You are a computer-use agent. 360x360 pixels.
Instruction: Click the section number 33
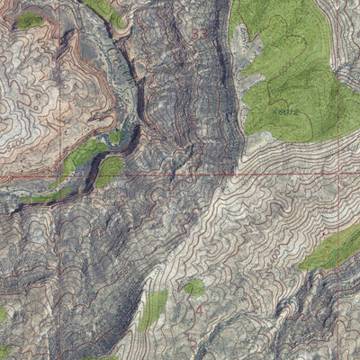[x=199, y=33]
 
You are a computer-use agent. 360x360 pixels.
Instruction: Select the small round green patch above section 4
[x=193, y=287]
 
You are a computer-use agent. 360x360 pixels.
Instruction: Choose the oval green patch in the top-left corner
[x=30, y=20]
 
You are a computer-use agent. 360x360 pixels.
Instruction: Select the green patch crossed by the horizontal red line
[x=109, y=171]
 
